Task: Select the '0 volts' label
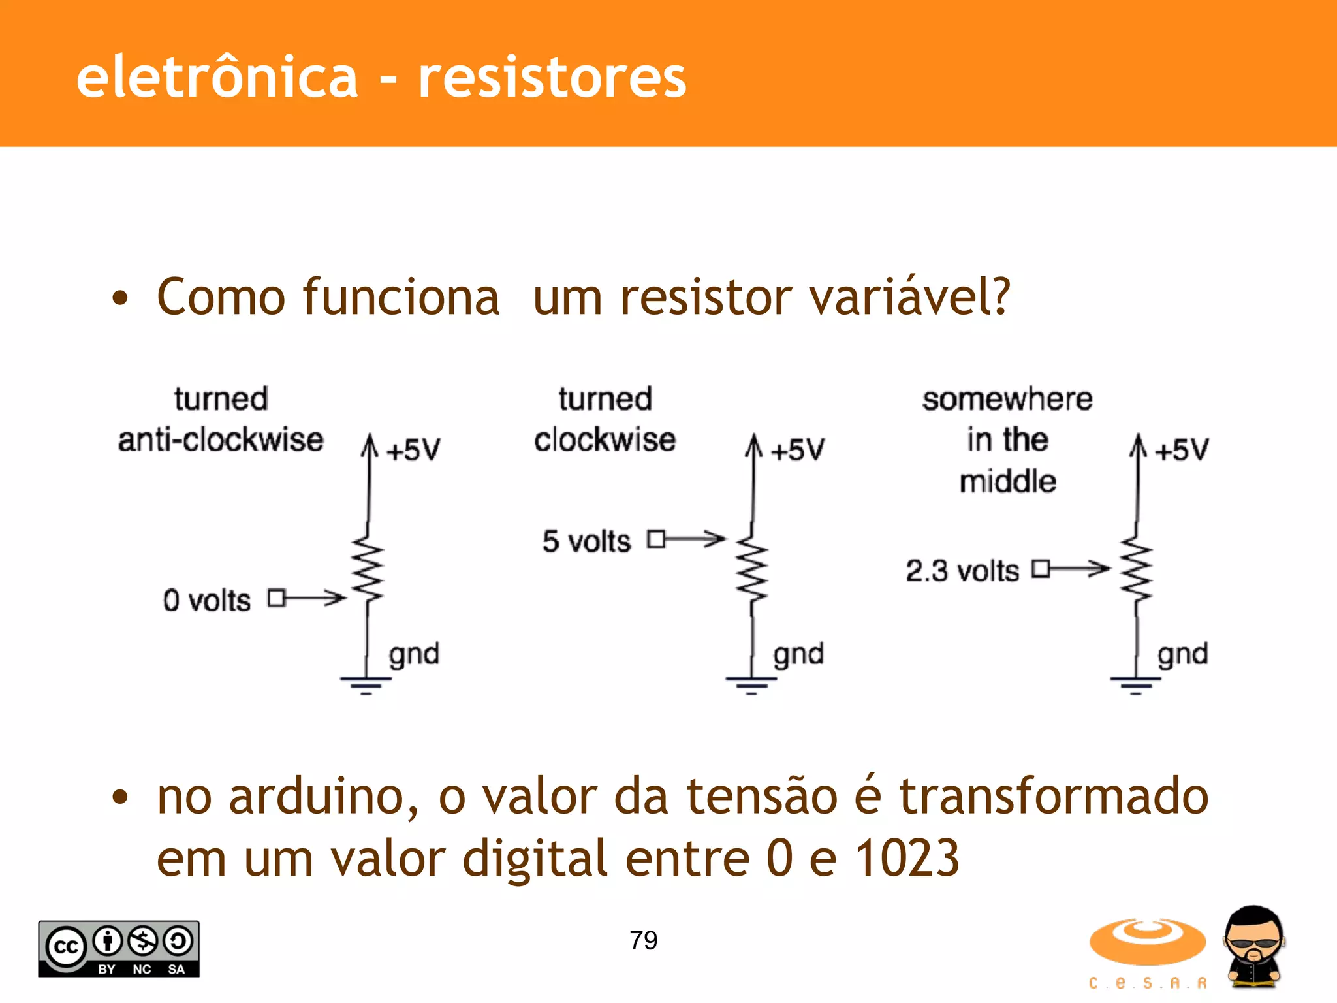click(x=206, y=600)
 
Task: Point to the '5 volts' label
click(x=586, y=541)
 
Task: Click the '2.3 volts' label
click(x=962, y=571)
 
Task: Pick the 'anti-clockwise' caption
click(x=221, y=439)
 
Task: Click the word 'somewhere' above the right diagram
click(x=1007, y=399)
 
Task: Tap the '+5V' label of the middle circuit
click(x=797, y=450)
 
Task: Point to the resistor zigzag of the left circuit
click(x=368, y=568)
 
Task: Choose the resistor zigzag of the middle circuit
click(x=752, y=568)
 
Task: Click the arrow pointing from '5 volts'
click(x=696, y=539)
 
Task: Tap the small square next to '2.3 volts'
click(x=1041, y=569)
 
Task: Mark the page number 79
click(x=643, y=940)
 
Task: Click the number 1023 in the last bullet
click(x=907, y=858)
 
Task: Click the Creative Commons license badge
click(x=119, y=949)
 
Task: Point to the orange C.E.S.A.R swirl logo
click(x=1147, y=942)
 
